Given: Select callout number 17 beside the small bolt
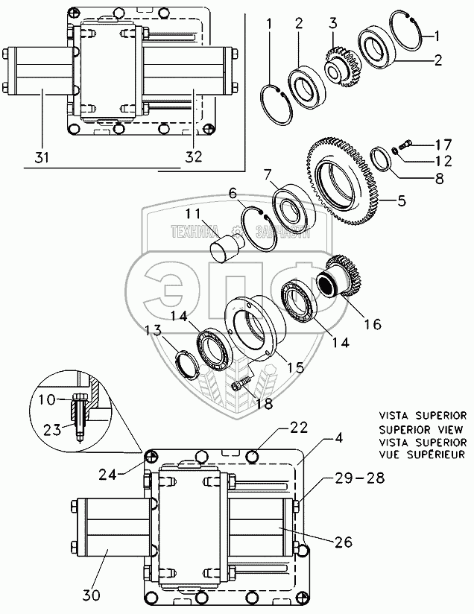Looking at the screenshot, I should tap(443, 145).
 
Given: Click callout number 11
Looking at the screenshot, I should tap(193, 213).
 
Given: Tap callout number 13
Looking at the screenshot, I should tap(152, 330).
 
